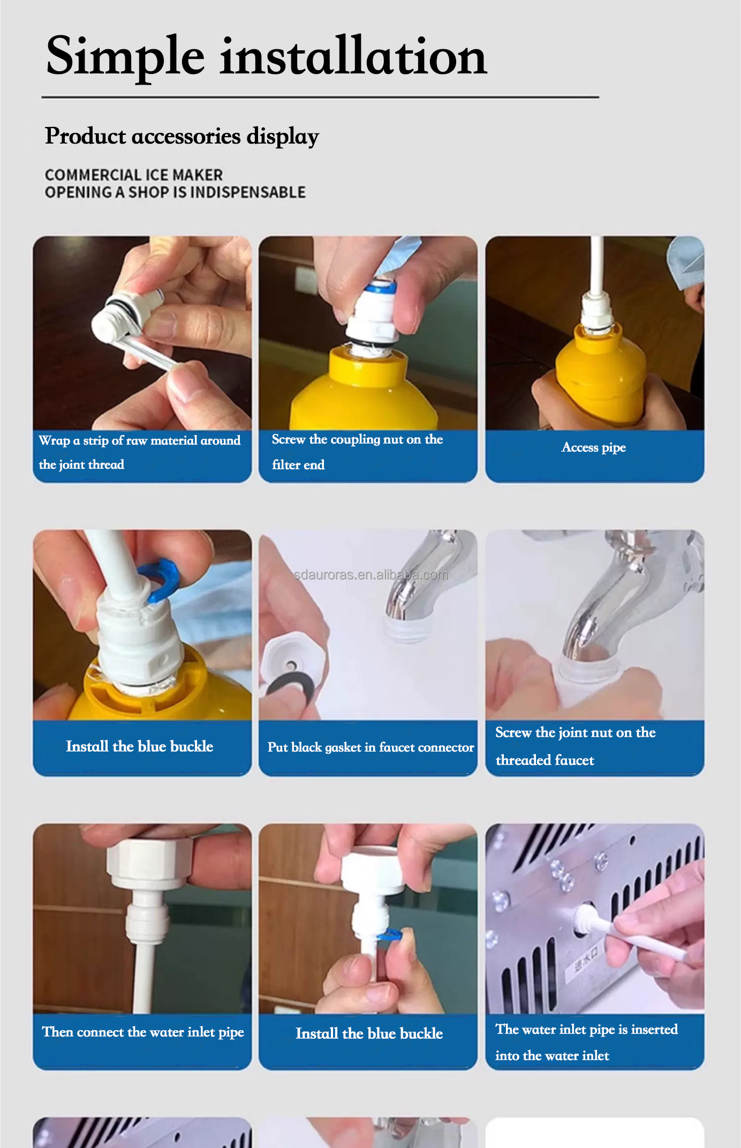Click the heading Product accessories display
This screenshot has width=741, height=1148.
tap(182, 136)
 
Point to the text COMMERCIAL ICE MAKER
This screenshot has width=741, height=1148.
tap(133, 175)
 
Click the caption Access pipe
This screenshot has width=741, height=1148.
tap(593, 447)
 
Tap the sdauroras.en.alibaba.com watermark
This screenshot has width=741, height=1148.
tap(370, 575)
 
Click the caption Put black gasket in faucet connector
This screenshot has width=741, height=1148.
tap(370, 747)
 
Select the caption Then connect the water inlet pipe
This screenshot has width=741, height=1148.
tap(142, 1032)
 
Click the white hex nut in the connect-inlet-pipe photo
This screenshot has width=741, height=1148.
tap(150, 860)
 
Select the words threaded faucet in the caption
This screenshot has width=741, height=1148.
tap(545, 760)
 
